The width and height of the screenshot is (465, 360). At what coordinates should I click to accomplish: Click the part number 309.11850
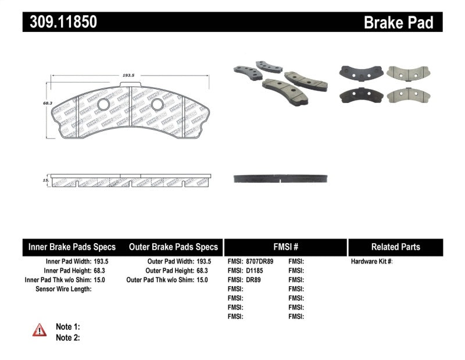pos(60,22)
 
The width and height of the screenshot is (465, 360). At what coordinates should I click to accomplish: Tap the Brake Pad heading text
pos(398,23)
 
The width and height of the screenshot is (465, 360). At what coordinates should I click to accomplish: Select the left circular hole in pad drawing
pos(103,105)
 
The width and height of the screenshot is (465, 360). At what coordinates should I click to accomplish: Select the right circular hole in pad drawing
pos(157,105)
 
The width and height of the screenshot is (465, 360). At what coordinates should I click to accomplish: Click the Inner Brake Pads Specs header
pos(72,247)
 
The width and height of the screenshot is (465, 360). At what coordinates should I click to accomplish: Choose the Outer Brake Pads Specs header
pos(174,247)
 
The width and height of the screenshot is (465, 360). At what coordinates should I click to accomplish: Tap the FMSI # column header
pos(285,247)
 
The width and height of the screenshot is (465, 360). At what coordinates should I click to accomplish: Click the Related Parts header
pos(395,247)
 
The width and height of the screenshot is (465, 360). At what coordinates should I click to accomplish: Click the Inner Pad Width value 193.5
pos(101,262)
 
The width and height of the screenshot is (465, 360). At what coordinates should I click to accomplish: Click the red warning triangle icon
pos(40,330)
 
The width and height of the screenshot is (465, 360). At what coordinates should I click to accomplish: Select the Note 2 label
pos(67,337)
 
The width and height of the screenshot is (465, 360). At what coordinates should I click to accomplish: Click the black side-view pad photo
pos(281,179)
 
